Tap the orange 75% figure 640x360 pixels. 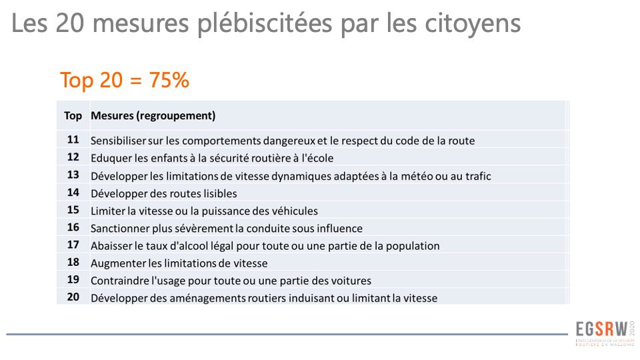pyautogui.click(x=170, y=80)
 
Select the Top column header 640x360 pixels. pyautogui.click(x=73, y=116)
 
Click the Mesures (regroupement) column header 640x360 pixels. pyautogui.click(x=153, y=116)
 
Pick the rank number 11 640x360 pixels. pyautogui.click(x=73, y=140)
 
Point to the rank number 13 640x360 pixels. pyautogui.click(x=73, y=175)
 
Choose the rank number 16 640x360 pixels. pyautogui.click(x=73, y=228)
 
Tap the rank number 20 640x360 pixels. pyautogui.click(x=73, y=297)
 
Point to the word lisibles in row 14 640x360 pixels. pyautogui.click(x=217, y=193)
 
